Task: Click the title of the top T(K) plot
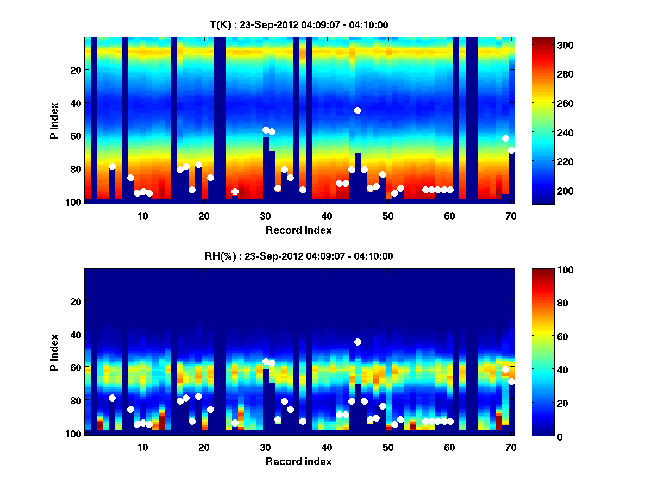(299, 24)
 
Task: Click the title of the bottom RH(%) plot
(299, 256)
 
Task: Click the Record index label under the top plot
(299, 230)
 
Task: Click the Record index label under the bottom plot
(299, 462)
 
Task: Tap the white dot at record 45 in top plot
(358, 110)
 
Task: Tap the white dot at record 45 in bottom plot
(358, 342)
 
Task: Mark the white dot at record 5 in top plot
(112, 166)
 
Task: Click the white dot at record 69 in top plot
(505, 138)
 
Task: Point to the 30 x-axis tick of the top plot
(265, 215)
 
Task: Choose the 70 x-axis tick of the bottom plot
(511, 447)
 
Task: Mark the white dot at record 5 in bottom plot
(112, 398)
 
